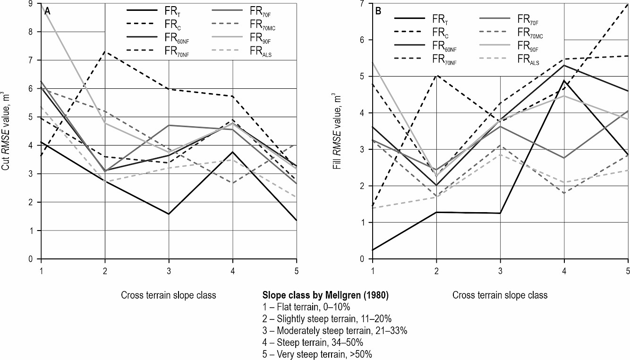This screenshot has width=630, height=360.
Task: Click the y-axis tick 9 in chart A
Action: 30,4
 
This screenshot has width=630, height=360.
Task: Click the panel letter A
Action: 47,12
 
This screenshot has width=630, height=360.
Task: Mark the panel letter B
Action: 378,12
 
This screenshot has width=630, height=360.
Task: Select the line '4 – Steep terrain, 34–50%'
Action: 312,342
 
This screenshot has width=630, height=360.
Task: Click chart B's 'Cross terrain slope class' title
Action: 500,295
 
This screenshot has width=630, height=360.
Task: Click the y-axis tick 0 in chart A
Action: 30,259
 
